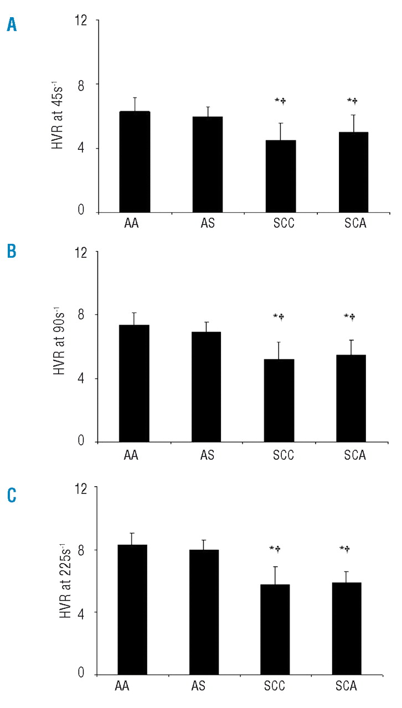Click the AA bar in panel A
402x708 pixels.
point(135,162)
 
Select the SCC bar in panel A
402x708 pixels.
point(280,176)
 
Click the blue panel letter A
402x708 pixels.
point(11,25)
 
